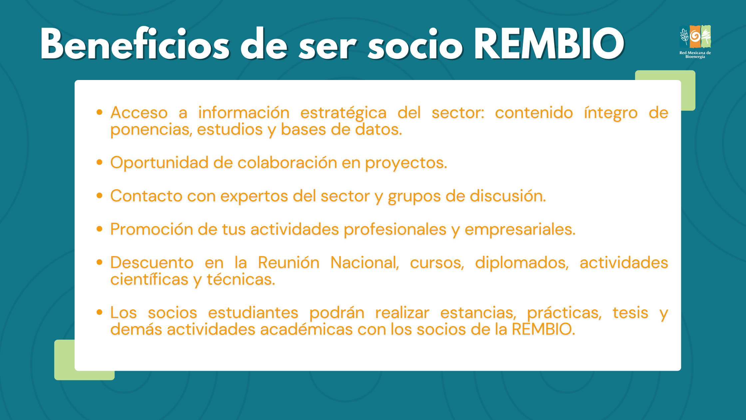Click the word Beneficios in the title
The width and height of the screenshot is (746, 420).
[135, 44]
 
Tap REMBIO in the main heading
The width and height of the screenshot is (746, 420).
[550, 44]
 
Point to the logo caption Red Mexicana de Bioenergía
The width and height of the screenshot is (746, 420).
[695, 55]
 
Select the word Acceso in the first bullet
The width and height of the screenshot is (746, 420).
[139, 113]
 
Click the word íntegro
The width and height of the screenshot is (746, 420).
[611, 114]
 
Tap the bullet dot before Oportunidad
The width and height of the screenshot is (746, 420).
[99, 162]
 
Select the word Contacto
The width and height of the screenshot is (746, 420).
[147, 196]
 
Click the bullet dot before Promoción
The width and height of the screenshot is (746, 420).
[99, 229]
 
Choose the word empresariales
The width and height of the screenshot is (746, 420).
[520, 230]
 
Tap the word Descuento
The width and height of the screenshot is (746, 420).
[152, 263]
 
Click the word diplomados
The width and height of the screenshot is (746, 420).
[522, 263]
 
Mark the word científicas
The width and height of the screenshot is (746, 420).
[149, 279]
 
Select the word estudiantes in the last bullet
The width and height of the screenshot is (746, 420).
[253, 313]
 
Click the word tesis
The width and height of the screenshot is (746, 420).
[630, 313]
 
